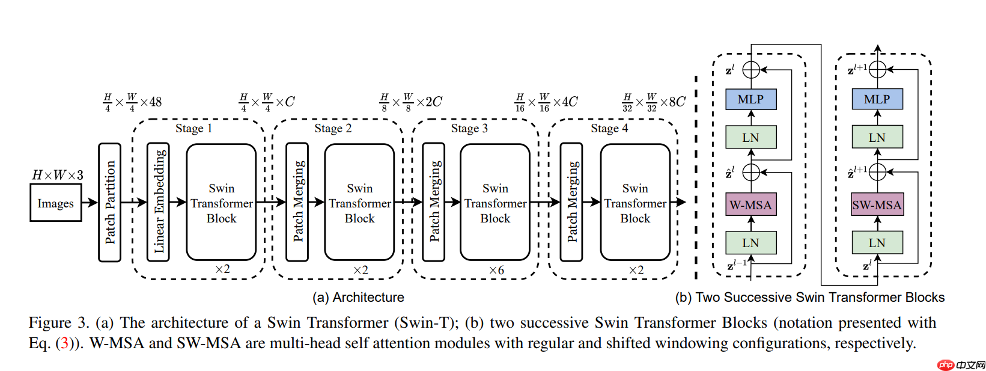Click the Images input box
(56, 203)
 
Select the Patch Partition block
(110, 203)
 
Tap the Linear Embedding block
(159, 202)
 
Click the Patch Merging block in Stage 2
(297, 202)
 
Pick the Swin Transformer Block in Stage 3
(495, 203)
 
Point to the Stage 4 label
(609, 128)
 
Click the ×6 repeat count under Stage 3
(496, 270)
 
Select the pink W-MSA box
(750, 205)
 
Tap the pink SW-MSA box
(877, 205)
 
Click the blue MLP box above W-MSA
(750, 99)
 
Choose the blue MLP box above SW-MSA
(877, 99)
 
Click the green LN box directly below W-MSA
(750, 243)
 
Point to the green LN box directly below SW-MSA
(877, 243)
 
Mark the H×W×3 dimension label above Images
(58, 175)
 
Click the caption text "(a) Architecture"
(358, 297)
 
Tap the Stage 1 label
(193, 128)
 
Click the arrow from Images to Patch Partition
(90, 203)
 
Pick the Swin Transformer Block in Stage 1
(221, 203)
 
